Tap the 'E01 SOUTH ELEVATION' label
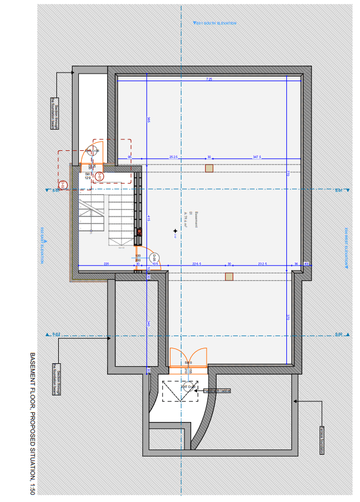(215, 23)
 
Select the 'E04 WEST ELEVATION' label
(347, 248)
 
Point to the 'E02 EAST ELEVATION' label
(42, 246)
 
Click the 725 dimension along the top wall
(209, 79)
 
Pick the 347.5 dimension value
(257, 157)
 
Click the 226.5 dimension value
(197, 264)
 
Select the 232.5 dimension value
(263, 264)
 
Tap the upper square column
(209, 168)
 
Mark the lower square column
(229, 276)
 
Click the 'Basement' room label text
(196, 218)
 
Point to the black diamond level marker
(175, 231)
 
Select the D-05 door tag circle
(154, 257)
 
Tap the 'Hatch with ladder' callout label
(218, 391)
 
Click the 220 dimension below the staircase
(106, 264)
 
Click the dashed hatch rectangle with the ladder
(180, 391)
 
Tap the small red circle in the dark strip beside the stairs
(139, 232)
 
